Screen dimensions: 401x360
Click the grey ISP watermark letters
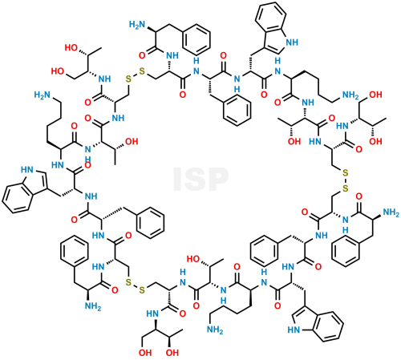(200, 179)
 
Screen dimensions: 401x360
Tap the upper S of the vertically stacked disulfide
(346, 173)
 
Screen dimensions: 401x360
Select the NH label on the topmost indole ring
(292, 42)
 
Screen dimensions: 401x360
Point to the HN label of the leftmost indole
(27, 170)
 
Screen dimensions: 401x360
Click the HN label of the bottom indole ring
(294, 330)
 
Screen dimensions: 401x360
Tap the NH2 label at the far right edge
(391, 212)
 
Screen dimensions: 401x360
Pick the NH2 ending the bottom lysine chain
(215, 330)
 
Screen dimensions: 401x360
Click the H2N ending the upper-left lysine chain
(43, 95)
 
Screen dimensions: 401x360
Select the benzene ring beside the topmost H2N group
(197, 38)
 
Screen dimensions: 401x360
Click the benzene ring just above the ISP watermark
(237, 110)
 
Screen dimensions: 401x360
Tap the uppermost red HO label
(71, 48)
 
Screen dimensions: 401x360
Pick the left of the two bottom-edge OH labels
(145, 353)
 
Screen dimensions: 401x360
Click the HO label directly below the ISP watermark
(193, 259)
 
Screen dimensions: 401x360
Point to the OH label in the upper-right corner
(375, 95)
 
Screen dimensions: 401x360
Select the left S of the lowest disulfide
(128, 281)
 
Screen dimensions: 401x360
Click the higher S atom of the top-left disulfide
(142, 71)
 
